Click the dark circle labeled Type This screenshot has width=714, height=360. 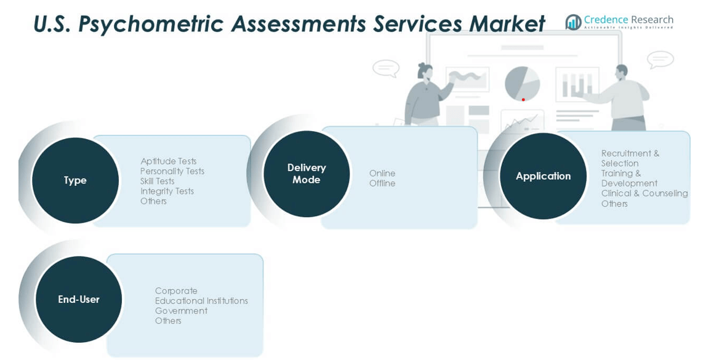click(75, 180)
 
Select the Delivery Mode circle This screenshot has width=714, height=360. click(307, 174)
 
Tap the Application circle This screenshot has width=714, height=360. click(543, 176)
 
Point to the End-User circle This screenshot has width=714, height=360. click(79, 299)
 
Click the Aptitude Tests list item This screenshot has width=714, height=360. click(168, 161)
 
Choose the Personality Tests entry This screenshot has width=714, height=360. click(172, 171)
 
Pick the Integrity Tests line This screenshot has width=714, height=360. click(167, 191)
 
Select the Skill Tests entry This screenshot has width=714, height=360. click(157, 182)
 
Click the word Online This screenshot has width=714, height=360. click(382, 174)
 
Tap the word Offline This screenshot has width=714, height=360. click(382, 183)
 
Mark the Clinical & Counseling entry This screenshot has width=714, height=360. click(644, 193)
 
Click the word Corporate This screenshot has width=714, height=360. click(176, 291)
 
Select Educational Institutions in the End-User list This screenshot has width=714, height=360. click(201, 301)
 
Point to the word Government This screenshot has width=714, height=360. click(181, 311)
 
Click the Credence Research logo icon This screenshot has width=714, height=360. click(573, 22)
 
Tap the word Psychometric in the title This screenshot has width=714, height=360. click(154, 24)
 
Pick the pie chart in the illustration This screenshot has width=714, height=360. click(522, 83)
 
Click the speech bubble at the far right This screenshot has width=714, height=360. click(660, 60)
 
